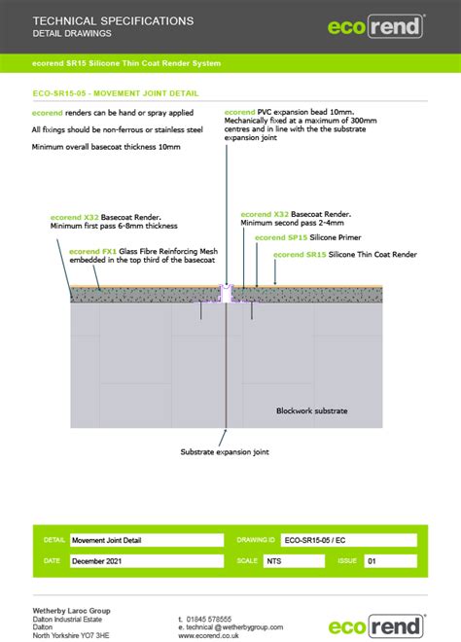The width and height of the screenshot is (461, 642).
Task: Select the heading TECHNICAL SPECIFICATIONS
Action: point(113,20)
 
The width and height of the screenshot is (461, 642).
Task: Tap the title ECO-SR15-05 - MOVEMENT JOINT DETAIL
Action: point(116,94)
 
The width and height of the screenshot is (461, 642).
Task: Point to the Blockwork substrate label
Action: point(311,410)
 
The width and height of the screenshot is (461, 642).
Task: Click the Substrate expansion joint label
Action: point(225,451)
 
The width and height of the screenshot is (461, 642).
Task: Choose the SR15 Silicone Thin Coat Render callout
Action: point(345,254)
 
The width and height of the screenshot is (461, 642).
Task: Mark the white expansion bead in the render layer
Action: point(227,292)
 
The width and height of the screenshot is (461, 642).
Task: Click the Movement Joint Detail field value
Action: point(108,539)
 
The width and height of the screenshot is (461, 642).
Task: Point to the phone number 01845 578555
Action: point(222,619)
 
